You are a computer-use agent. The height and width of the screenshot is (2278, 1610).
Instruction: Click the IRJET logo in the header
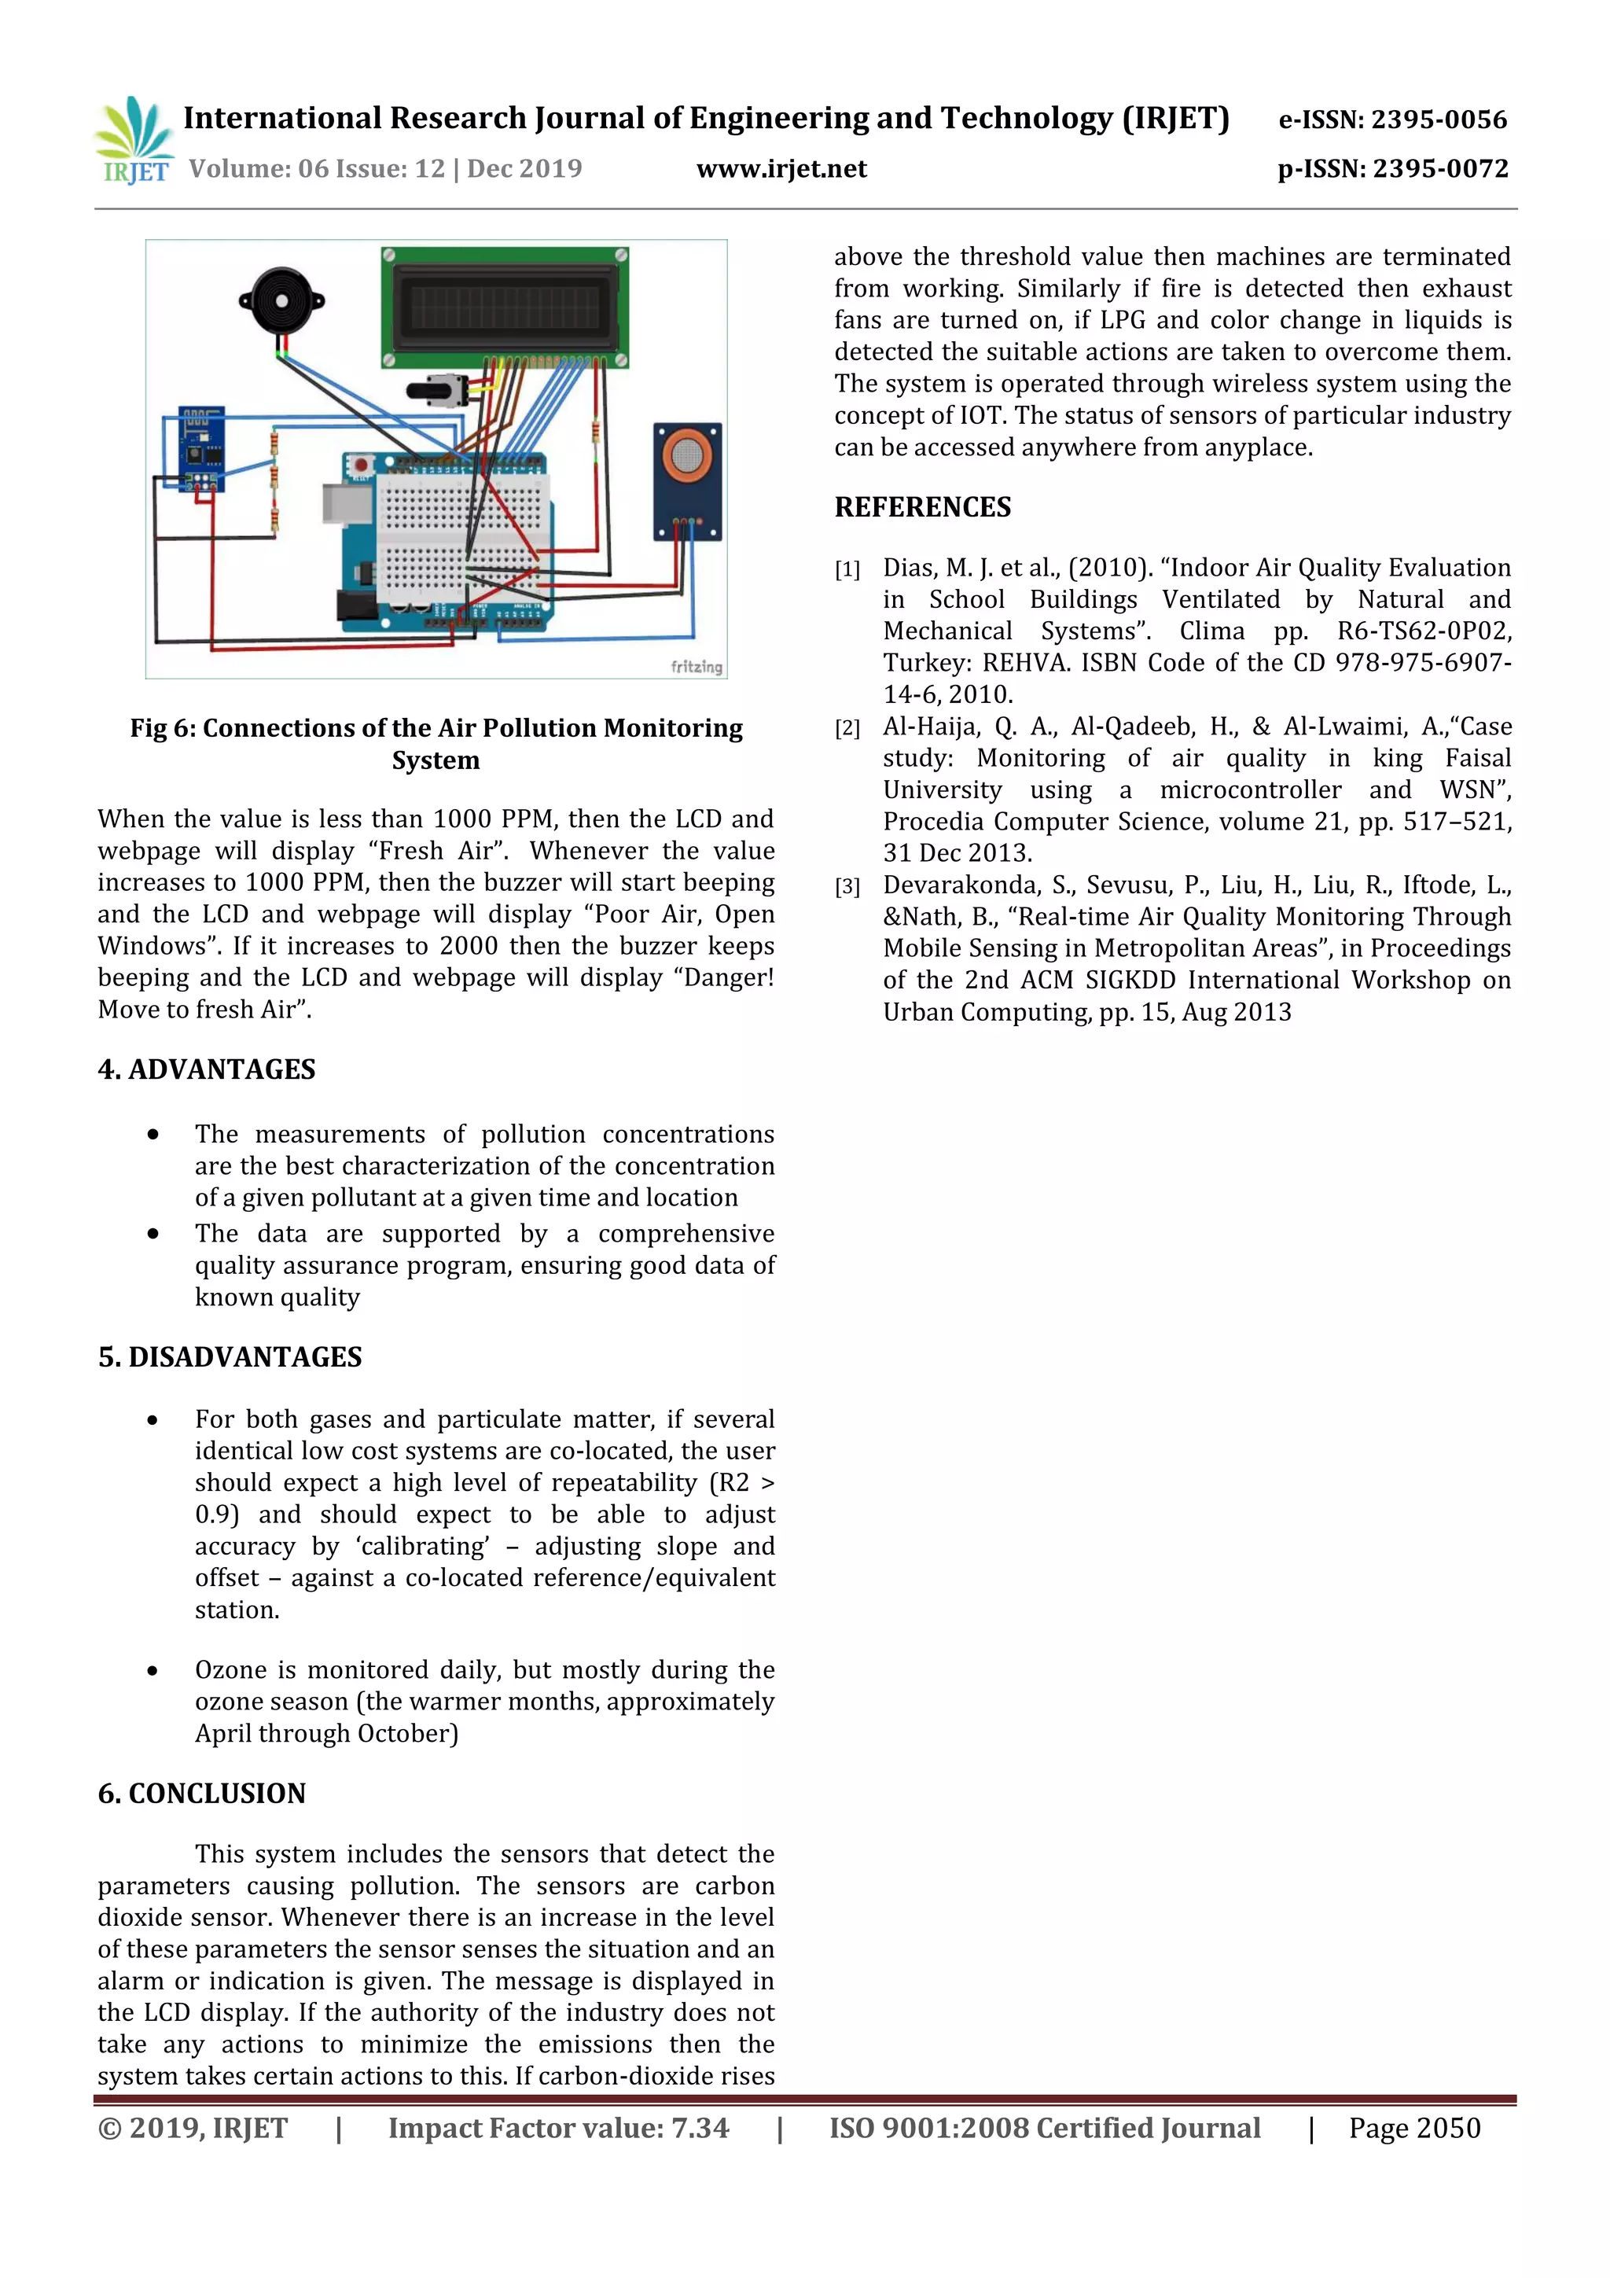pyautogui.click(x=134, y=140)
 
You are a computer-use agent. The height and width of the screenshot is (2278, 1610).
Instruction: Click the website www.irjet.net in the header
pyautogui.click(x=781, y=168)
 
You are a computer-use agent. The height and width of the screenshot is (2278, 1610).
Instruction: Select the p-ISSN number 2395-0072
pyautogui.click(x=1439, y=168)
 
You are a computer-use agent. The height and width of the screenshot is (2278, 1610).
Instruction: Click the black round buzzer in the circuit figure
pyautogui.click(x=281, y=300)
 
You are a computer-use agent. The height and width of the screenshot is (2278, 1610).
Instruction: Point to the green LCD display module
pyautogui.click(x=504, y=306)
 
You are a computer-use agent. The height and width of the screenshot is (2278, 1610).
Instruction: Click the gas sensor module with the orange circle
pyautogui.click(x=686, y=480)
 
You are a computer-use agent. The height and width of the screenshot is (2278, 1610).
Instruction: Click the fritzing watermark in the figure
pyautogui.click(x=696, y=667)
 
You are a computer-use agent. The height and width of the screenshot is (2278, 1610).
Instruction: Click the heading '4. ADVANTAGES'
pyautogui.click(x=206, y=1069)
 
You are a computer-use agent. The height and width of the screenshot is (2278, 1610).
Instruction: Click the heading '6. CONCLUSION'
pyautogui.click(x=201, y=1793)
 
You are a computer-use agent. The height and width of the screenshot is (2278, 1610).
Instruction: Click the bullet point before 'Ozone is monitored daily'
pyautogui.click(x=153, y=1671)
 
